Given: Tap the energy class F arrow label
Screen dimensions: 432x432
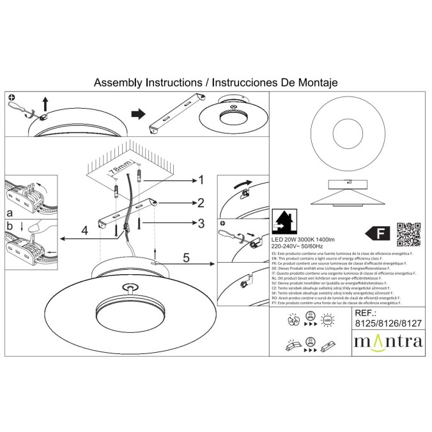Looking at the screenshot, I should click(x=377, y=231).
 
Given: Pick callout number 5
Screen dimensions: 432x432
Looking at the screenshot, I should click(x=186, y=259).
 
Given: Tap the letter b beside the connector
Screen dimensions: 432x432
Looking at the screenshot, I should click(x=10, y=227).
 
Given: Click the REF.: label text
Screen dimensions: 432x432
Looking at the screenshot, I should click(x=367, y=314).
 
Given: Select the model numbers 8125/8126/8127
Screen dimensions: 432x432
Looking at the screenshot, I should click(x=388, y=323).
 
